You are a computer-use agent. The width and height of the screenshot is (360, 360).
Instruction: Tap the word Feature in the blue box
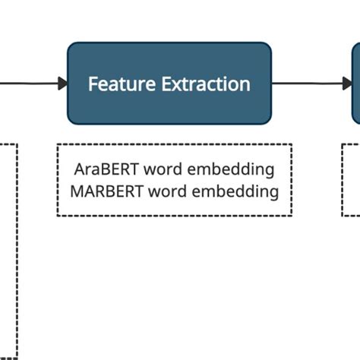[123, 84]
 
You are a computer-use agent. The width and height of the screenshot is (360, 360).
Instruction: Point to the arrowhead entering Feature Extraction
[62, 84]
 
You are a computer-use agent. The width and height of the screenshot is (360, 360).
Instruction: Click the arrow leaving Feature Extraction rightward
[311, 84]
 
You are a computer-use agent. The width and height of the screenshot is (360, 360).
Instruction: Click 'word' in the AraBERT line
[163, 169]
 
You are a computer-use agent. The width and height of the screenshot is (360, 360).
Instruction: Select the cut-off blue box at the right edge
[356, 84]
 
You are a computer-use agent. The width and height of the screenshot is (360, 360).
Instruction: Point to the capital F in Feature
[93, 84]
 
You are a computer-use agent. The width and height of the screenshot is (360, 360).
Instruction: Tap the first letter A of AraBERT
[79, 169]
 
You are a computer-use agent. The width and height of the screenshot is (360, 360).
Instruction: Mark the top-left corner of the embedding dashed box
[58, 144]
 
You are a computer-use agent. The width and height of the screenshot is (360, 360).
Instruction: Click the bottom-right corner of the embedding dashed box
[291, 216]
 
